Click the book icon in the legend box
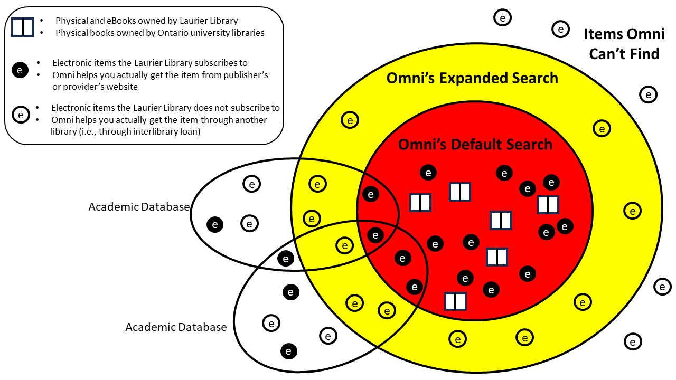coord(22,26)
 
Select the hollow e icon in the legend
coord(20,114)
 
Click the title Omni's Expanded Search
coord(472,78)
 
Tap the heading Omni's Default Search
coord(475,144)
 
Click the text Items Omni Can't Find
coord(624,44)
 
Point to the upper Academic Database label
coord(138,206)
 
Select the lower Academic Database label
coord(175,327)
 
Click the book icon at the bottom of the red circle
coord(455,301)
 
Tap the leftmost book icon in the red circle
coord(420,202)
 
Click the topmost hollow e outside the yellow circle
coord(502,18)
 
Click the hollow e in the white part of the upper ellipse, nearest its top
coord(251,184)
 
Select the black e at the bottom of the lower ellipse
coord(288,350)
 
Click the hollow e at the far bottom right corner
coord(632,341)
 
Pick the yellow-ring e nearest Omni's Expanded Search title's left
coord(349,120)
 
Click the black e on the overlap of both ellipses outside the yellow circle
coord(286,258)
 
